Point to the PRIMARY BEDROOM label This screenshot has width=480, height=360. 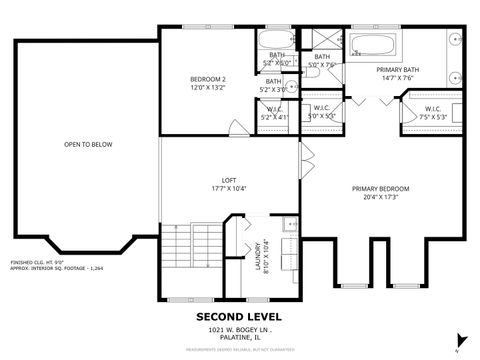(x=380, y=189)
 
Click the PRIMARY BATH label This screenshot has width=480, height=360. (x=396, y=70)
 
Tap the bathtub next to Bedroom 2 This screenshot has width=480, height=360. (x=273, y=42)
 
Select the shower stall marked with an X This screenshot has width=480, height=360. (x=321, y=42)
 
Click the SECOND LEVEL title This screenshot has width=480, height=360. (x=239, y=316)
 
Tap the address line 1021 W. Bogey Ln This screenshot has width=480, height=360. (x=239, y=329)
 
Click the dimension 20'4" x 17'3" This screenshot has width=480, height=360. (x=380, y=197)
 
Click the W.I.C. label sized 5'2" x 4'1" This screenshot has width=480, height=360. (x=273, y=111)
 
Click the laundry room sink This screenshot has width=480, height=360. (x=287, y=224)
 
